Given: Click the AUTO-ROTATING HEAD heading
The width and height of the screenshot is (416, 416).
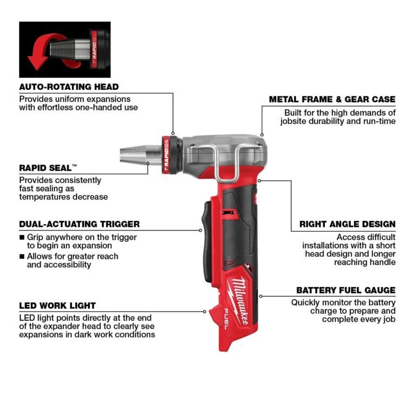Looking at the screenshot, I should tap(69, 87).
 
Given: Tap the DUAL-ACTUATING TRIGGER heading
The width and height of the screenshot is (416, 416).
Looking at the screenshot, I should tap(79, 224).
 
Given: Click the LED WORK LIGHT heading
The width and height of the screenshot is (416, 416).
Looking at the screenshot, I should tap(57, 305).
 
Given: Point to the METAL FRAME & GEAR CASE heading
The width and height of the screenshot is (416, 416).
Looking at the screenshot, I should tap(332, 100).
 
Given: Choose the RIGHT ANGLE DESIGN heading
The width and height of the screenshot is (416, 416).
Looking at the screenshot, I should tap(347, 224).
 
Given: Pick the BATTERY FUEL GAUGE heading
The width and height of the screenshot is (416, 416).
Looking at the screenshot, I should tap(346, 290).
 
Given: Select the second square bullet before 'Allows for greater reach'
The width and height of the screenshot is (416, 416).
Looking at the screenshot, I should tap(22, 256).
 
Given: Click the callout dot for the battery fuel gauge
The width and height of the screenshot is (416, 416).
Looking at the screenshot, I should tap(261, 296).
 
